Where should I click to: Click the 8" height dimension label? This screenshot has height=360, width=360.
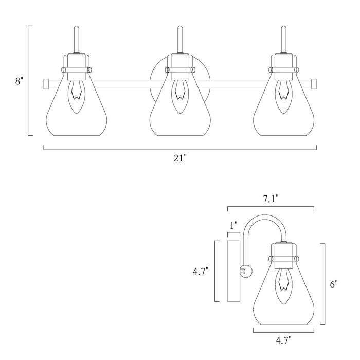(19, 81)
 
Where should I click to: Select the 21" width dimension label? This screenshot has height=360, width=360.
(180, 159)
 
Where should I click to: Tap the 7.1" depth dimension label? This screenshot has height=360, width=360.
(271, 199)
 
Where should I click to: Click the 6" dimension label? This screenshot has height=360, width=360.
(334, 284)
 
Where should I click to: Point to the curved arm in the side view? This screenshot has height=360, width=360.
(262, 226)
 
